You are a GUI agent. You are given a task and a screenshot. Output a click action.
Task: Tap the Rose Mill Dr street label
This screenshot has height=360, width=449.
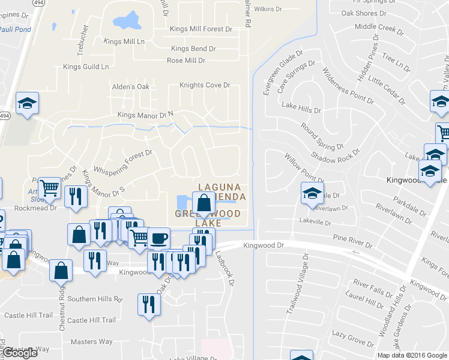(186, 61)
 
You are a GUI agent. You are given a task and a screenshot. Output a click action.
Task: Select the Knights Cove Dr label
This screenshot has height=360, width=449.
(205, 85)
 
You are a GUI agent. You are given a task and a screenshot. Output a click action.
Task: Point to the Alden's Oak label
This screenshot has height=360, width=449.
(130, 87)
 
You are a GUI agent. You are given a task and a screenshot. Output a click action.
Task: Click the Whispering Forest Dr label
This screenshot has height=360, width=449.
(124, 164)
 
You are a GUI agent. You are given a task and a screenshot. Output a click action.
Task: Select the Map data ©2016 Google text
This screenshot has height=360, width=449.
(412, 355)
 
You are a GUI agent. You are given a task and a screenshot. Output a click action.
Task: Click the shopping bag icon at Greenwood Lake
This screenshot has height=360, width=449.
(203, 203)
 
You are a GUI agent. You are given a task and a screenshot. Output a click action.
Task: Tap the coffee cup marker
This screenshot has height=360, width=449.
(158, 238)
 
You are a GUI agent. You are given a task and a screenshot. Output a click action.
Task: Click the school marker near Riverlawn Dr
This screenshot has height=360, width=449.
(312, 194)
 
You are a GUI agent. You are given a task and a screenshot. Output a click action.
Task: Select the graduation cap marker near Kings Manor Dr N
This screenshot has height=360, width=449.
(27, 103)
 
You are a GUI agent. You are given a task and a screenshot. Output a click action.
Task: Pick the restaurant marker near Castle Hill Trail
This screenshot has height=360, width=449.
(147, 303)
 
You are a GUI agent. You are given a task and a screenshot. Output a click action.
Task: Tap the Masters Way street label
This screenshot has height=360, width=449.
(91, 342)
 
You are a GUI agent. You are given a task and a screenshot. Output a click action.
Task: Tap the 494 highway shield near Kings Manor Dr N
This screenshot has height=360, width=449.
(4, 116)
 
